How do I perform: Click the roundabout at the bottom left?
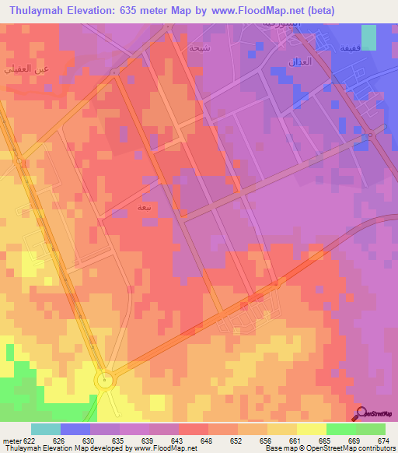pos(103,380)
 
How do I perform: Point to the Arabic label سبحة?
pos(199,47)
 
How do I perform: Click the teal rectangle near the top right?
pos(368,37)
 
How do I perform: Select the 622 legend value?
pos(24,440)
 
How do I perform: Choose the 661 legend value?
pos(294,440)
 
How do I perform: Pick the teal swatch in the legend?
pos(45,429)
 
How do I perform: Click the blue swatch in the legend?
pos(75,429)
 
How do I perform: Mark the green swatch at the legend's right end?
pos(370,429)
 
